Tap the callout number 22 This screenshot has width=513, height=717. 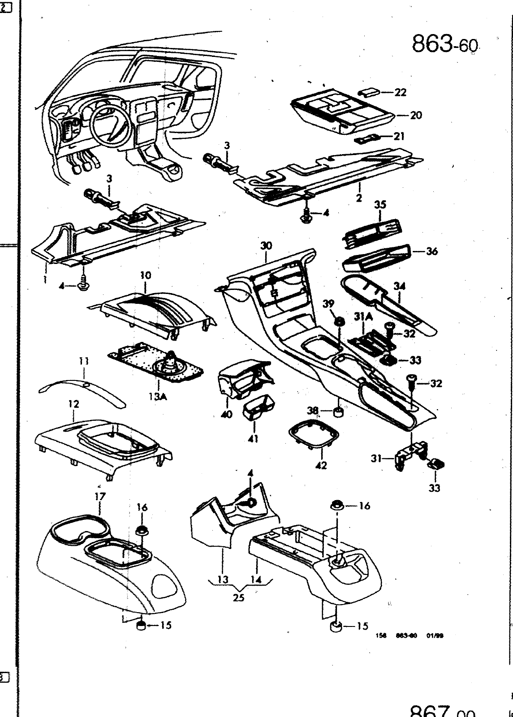(x=400, y=92)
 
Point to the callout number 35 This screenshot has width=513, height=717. (x=380, y=205)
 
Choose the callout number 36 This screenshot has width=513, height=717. (x=431, y=251)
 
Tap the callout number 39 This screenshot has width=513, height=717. (x=328, y=304)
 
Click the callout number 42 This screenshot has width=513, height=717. (x=321, y=465)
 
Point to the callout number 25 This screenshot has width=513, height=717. (x=239, y=597)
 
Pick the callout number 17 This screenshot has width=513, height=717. (x=99, y=496)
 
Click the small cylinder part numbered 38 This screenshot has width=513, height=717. (x=338, y=411)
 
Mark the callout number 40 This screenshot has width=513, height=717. (x=227, y=414)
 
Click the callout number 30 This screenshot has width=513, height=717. (x=266, y=246)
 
